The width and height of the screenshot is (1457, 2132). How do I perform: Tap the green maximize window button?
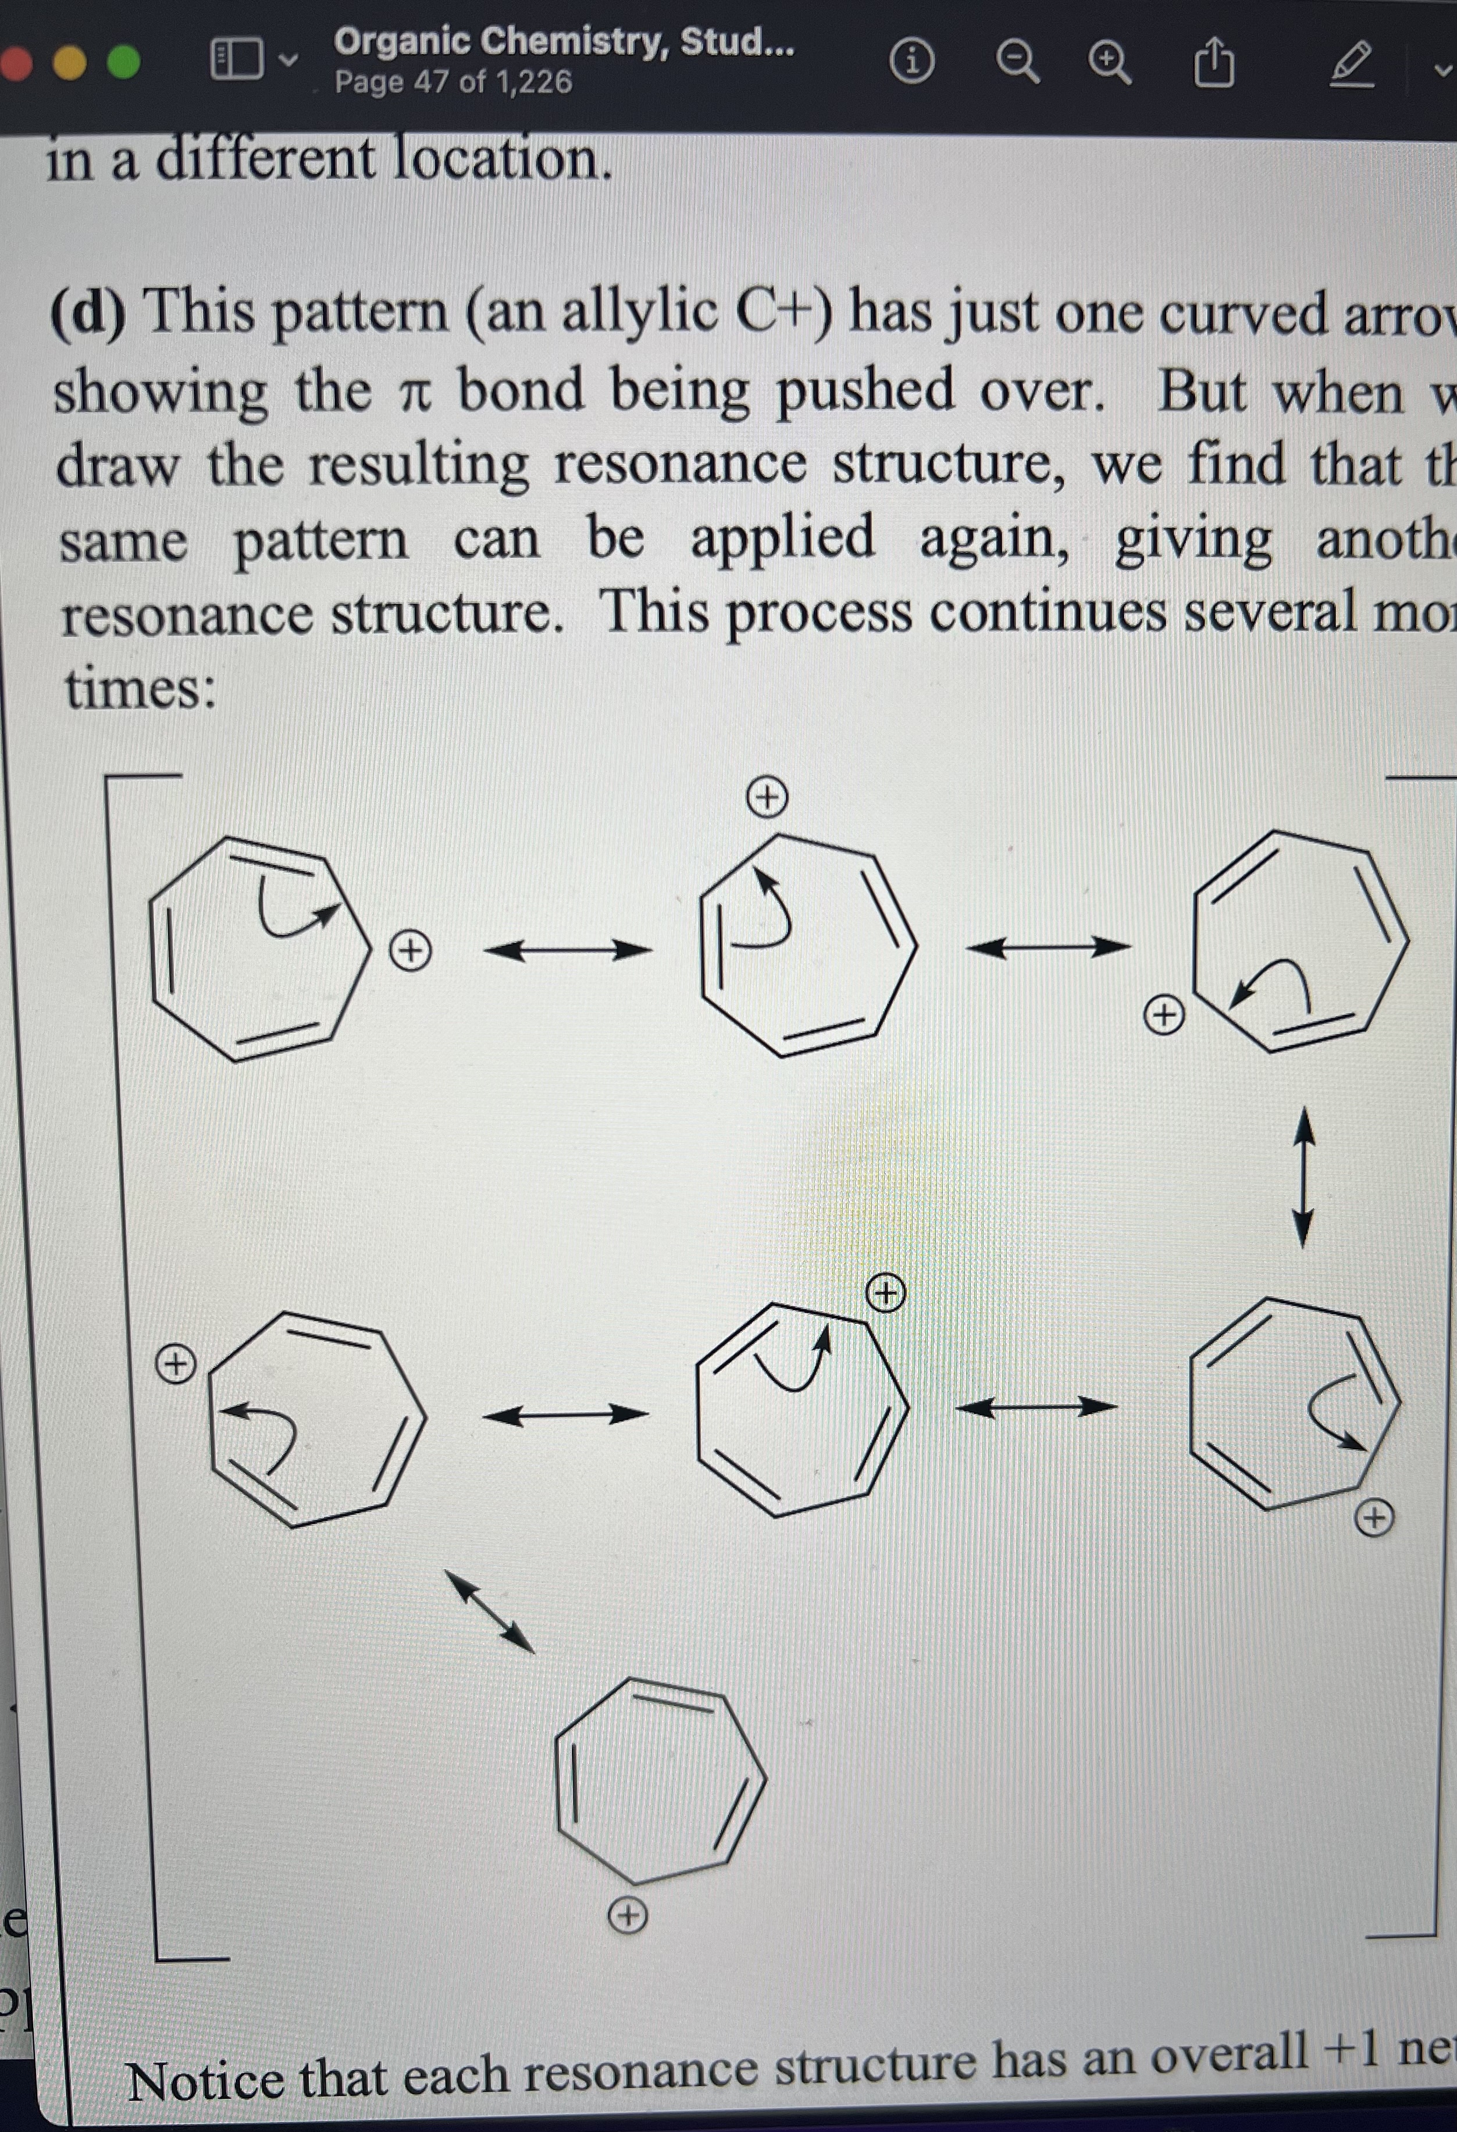124,62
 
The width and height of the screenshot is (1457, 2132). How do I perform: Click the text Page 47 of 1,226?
453,83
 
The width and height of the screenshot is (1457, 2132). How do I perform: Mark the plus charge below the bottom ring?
628,1916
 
